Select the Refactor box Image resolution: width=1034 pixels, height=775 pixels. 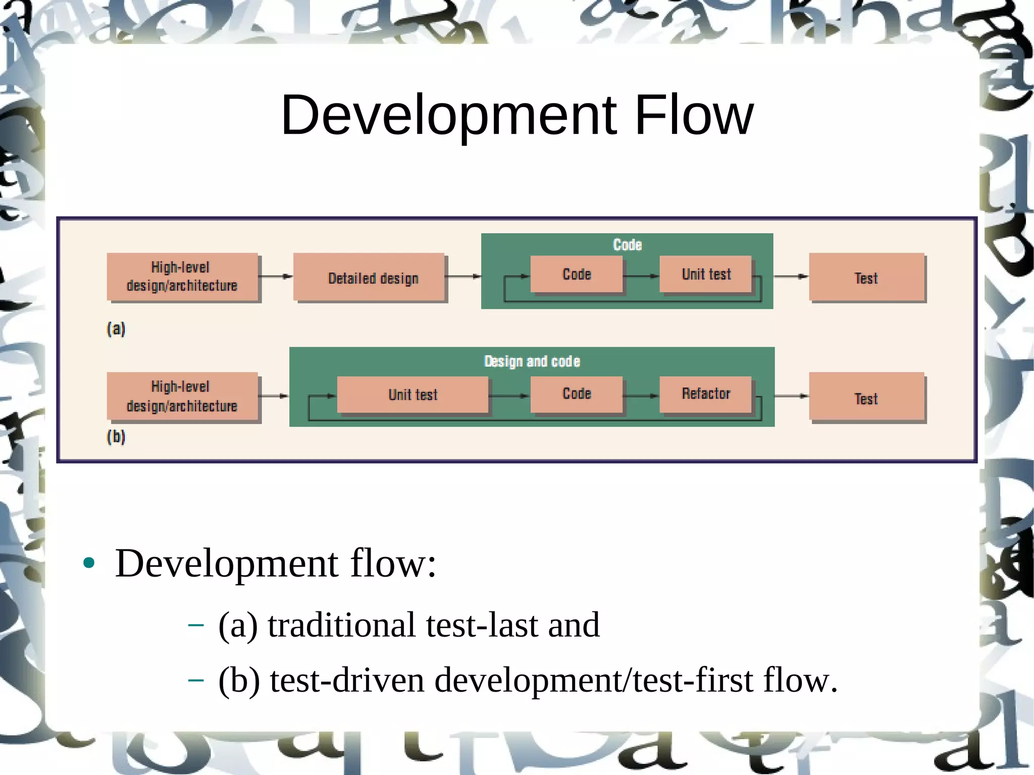click(x=706, y=394)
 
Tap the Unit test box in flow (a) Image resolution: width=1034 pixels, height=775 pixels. click(x=706, y=274)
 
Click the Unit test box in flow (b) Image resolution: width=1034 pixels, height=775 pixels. click(x=412, y=394)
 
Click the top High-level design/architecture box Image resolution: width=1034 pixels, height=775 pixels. click(x=182, y=277)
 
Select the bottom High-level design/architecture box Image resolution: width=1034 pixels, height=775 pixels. click(x=182, y=396)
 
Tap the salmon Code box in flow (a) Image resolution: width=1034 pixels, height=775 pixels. click(x=577, y=274)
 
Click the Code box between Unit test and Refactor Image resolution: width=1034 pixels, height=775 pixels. click(x=577, y=394)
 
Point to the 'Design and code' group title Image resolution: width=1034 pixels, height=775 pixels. click(x=532, y=361)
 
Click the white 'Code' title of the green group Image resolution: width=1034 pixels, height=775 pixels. click(x=627, y=245)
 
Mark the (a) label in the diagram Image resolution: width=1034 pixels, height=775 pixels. click(x=116, y=329)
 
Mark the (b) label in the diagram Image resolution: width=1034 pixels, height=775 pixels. click(x=116, y=437)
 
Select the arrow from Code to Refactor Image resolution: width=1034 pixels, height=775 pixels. click(x=641, y=396)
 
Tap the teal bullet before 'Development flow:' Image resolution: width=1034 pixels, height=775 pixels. click(x=89, y=563)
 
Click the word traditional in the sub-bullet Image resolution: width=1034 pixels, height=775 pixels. click(x=341, y=625)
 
